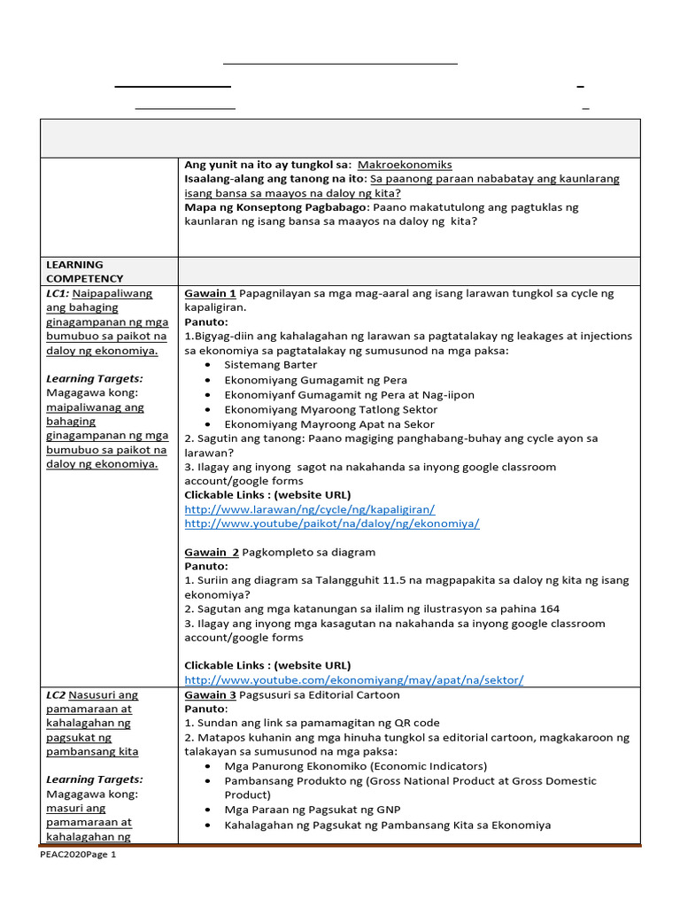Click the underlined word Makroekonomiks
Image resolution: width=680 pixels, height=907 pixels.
click(x=405, y=165)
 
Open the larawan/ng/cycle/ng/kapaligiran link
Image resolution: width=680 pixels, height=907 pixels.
click(x=309, y=509)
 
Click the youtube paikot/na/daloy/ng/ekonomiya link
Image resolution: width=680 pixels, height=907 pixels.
click(x=331, y=523)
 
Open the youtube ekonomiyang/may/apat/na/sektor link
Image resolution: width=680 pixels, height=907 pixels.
click(x=353, y=679)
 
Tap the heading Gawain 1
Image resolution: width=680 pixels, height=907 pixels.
click(x=210, y=293)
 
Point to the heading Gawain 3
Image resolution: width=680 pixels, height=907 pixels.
click(x=210, y=695)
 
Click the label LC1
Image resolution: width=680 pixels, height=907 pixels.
click(x=57, y=293)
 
